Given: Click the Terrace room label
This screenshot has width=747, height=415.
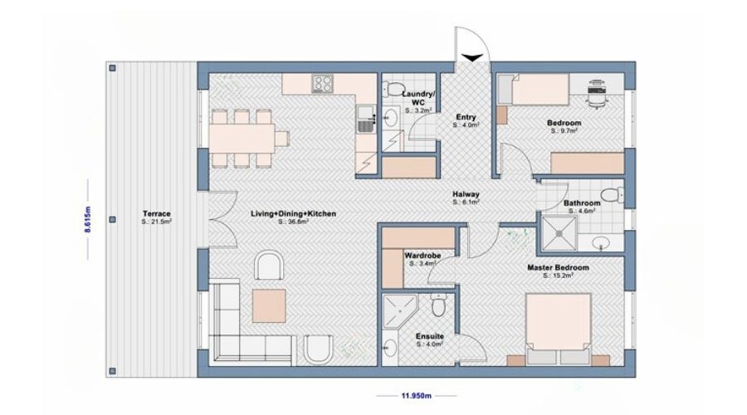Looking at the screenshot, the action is point(156,214).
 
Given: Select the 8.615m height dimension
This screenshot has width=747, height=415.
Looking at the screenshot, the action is point(88,219).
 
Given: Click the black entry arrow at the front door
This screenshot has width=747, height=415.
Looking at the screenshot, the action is point(472,58).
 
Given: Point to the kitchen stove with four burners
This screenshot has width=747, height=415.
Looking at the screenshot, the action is point(323,84).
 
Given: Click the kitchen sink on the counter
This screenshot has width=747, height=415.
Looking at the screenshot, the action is point(366,120).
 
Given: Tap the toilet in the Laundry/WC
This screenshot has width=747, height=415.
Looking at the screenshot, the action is point(393,88).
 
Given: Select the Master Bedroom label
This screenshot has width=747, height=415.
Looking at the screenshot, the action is point(558,268).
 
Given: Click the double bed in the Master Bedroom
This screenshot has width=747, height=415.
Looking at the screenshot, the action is point(558,330).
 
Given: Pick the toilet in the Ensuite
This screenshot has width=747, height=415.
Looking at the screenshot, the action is point(437,304).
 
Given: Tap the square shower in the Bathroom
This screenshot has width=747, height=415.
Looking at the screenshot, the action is point(559,233).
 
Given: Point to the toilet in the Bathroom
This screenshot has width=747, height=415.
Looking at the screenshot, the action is point(612,195).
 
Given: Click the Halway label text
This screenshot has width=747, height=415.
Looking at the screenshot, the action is point(466,194).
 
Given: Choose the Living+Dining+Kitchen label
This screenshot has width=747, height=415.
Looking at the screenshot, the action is point(294,214).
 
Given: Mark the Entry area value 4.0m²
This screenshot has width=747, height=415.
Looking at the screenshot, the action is point(466,124).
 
